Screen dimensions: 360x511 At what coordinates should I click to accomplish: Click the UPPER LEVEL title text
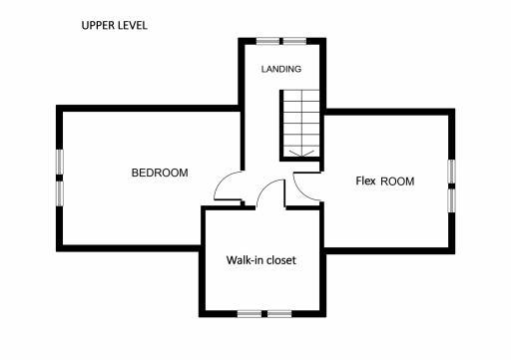(115, 25)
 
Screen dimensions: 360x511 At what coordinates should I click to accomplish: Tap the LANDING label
(280, 70)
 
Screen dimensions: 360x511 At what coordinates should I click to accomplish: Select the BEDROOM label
(160, 173)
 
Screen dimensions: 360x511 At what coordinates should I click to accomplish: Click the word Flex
(365, 181)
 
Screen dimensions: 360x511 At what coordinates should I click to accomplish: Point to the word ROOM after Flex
(397, 181)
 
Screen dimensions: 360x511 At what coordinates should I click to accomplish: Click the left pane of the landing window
(266, 41)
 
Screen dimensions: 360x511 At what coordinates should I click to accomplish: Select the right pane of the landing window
(294, 41)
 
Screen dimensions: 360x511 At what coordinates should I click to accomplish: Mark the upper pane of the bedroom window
(59, 163)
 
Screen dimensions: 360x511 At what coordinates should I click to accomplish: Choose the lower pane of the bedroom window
(59, 191)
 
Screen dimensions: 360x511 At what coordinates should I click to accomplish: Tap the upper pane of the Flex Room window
(451, 172)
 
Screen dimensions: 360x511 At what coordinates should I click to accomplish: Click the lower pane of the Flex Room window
(451, 199)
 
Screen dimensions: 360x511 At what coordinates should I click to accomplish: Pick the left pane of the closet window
(251, 313)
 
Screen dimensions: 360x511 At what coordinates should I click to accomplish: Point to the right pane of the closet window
(278, 313)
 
